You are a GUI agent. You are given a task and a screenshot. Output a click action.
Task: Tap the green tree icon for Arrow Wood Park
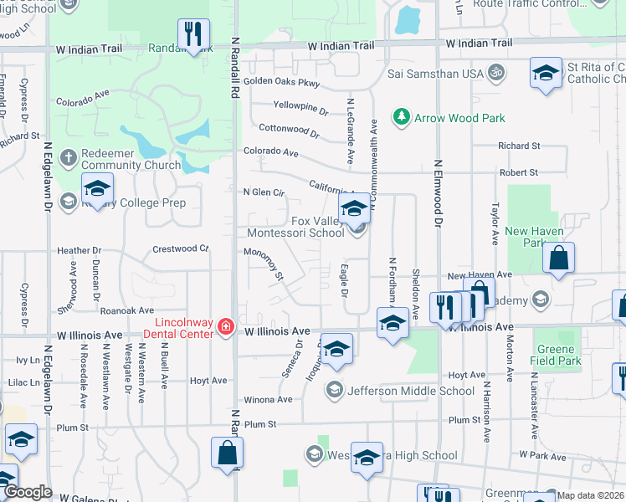[x=403, y=117]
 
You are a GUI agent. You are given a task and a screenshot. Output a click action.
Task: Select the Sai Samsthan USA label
[x=436, y=74]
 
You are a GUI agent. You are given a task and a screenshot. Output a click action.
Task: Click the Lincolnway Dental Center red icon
[x=224, y=327]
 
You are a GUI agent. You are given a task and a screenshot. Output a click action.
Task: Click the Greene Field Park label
[x=555, y=355]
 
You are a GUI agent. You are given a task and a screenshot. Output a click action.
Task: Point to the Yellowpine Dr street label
[x=300, y=107]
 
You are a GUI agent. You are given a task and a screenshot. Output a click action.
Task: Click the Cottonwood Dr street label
[x=289, y=131]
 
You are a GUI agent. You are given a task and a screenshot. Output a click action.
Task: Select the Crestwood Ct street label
[x=180, y=248]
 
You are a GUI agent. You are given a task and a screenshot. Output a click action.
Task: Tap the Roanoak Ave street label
[x=127, y=310]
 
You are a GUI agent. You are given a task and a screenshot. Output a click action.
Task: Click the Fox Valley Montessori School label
[x=295, y=228]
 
